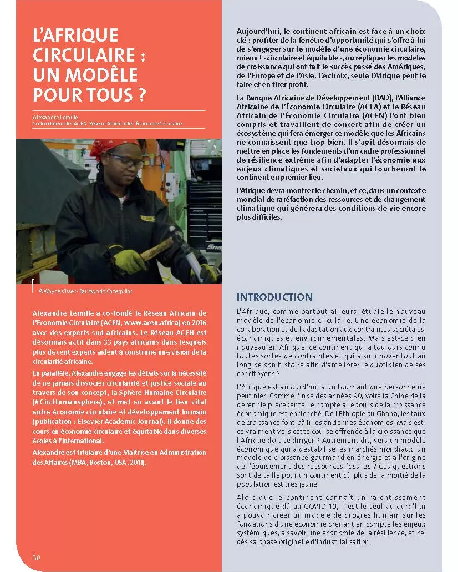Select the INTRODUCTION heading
274,297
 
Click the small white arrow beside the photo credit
33,282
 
